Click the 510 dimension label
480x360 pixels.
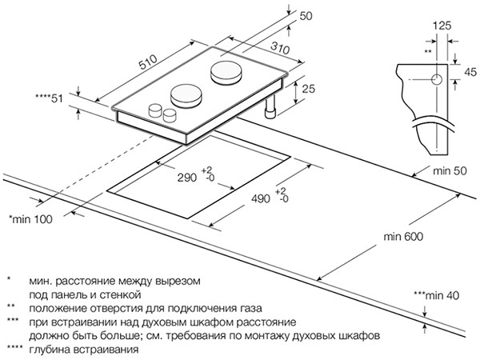click(x=148, y=62)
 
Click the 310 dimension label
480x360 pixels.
click(x=280, y=48)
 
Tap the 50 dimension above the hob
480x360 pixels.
click(x=306, y=16)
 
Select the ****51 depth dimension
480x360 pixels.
click(x=49, y=98)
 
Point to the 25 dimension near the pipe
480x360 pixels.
click(x=308, y=89)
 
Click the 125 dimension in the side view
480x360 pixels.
click(x=442, y=26)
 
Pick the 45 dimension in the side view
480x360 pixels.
click(x=470, y=72)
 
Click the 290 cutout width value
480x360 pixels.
click(x=186, y=178)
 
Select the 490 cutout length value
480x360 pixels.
click(x=261, y=199)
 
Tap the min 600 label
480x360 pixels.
click(x=403, y=237)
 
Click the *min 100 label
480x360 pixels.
click(x=30, y=219)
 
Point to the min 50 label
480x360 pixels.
click(x=450, y=171)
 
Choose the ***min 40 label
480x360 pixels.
click(x=437, y=295)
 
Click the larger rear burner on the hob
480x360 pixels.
click(x=226, y=72)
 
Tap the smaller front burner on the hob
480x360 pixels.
click(x=186, y=97)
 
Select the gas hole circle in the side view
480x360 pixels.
click(x=437, y=79)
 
